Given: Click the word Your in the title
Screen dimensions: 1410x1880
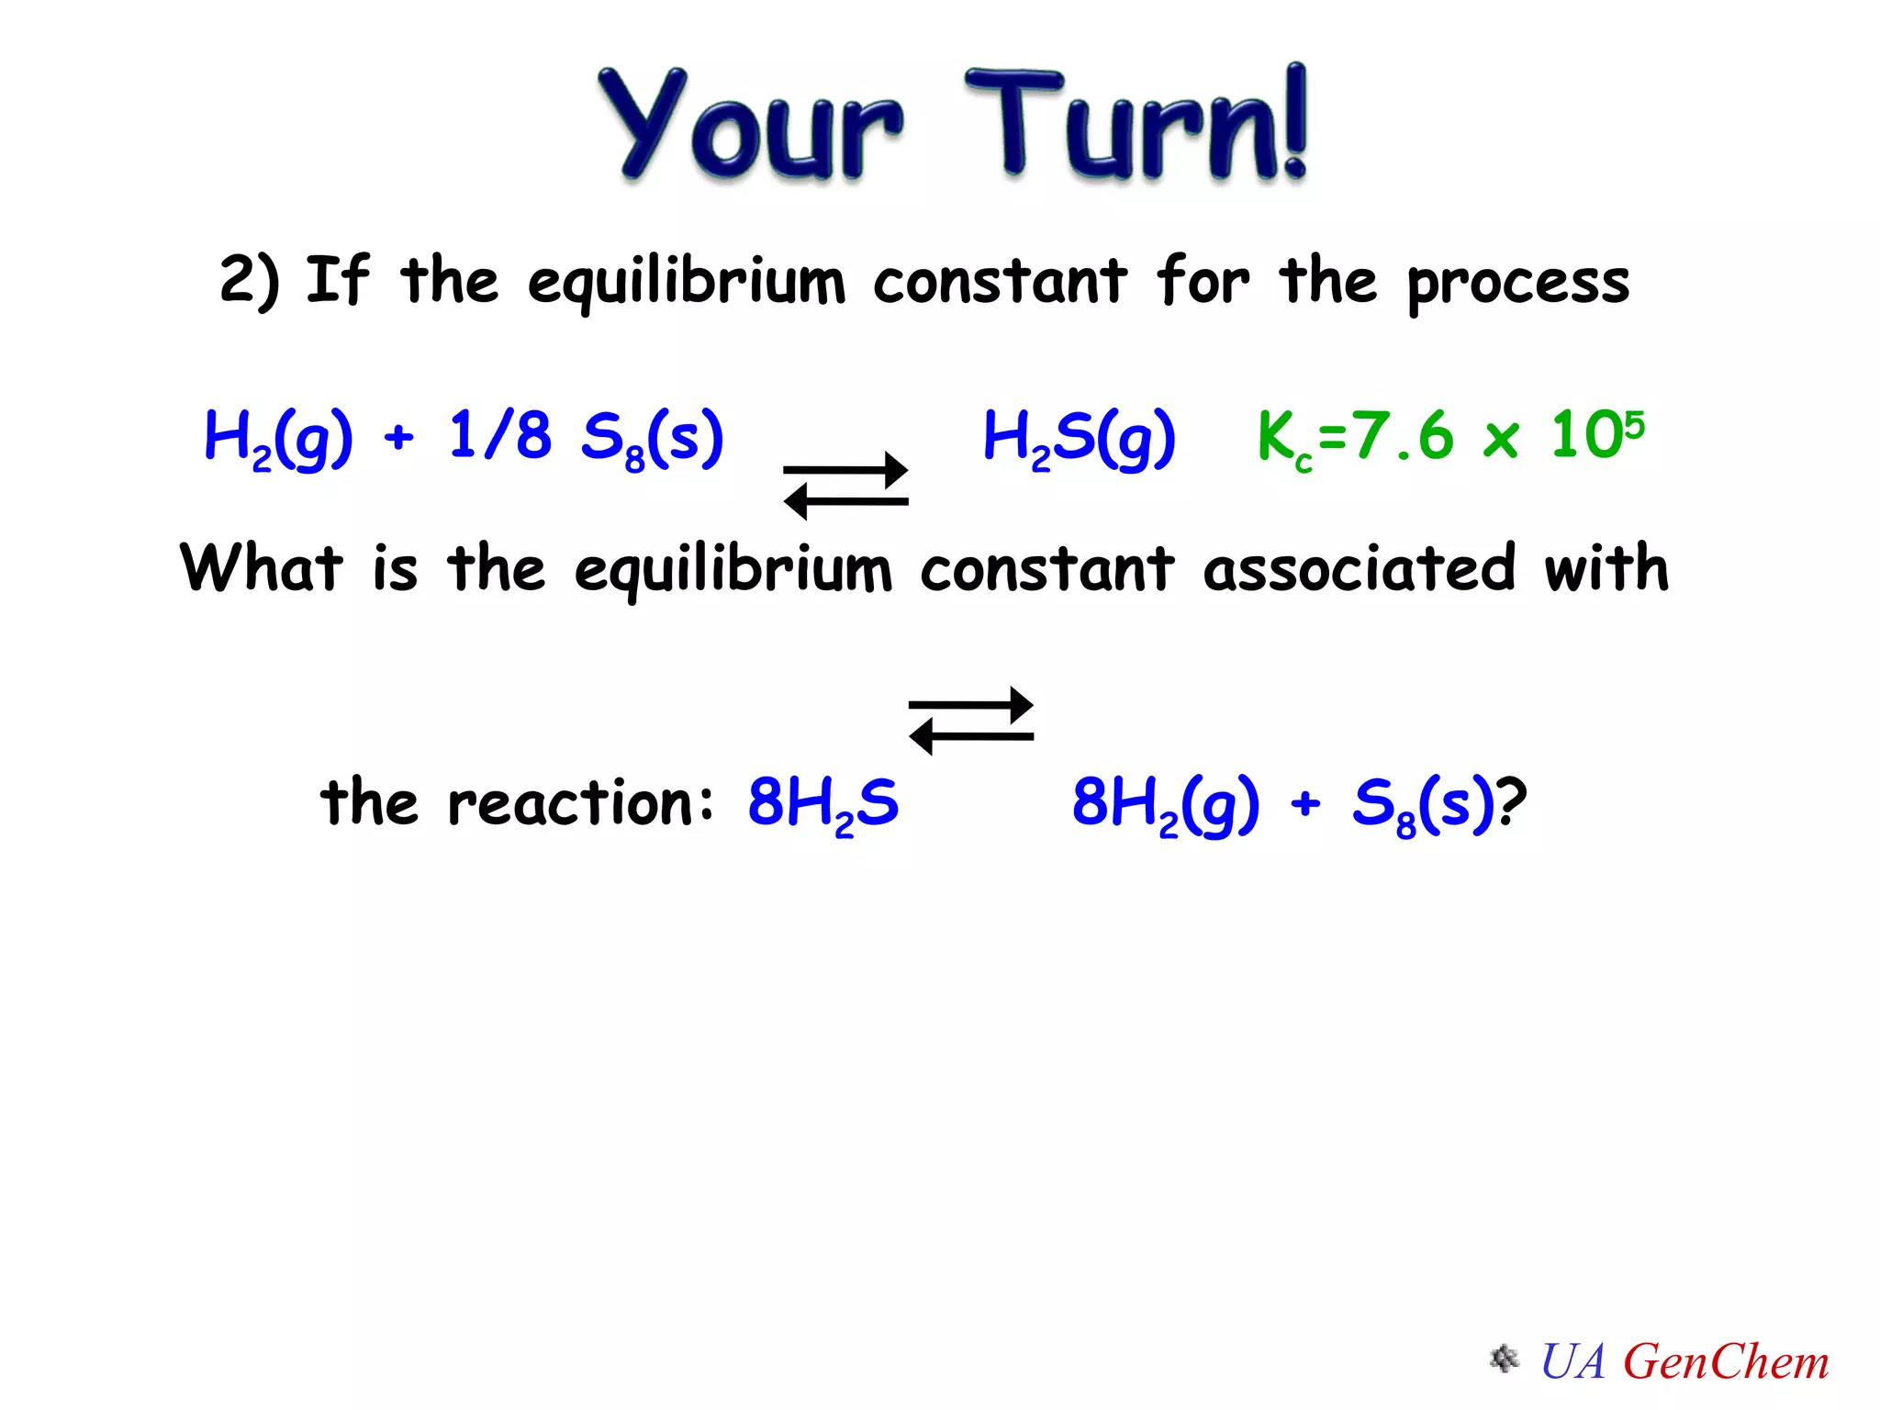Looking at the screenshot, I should [x=748, y=124].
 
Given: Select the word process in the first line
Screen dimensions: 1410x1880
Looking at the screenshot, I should [x=1518, y=283].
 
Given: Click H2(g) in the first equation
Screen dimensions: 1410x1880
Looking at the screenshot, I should [x=277, y=438].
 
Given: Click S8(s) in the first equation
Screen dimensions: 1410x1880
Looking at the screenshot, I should [x=653, y=438].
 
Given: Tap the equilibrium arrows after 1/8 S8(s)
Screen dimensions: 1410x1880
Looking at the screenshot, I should [x=845, y=486].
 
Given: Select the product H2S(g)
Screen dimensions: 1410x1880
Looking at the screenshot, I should [x=1079, y=438].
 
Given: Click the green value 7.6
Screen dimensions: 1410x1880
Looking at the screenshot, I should [x=1404, y=436].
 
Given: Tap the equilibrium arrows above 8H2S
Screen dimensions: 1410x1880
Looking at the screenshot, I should [x=970, y=721].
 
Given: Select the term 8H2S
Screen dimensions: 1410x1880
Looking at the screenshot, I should [x=822, y=803].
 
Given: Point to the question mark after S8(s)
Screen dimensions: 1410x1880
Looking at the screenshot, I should [x=1511, y=801].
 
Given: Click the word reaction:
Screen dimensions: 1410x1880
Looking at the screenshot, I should [x=580, y=803].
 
